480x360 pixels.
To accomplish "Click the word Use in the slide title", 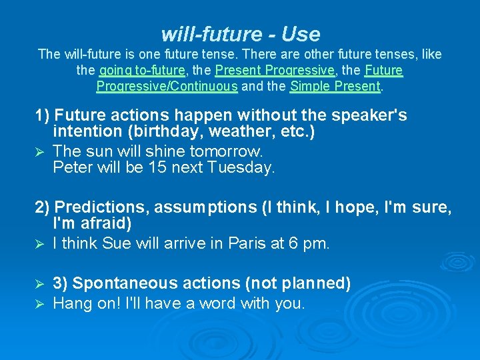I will pos(301,33).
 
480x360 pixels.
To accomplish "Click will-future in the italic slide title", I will pos(211,33).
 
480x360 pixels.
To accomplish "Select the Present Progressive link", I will pos(275,70).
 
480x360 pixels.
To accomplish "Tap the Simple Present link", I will pos(335,86).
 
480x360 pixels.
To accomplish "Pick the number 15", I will pos(157,168).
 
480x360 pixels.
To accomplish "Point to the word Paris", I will pos(248,244).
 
